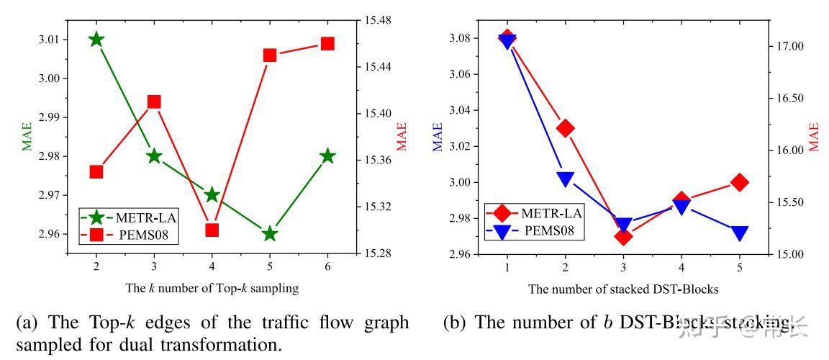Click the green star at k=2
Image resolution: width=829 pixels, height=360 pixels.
(x=96, y=39)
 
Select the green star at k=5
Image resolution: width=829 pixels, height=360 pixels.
(x=270, y=233)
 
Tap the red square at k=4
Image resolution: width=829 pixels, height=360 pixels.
(x=212, y=230)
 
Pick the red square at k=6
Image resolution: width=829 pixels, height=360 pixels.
(x=327, y=43)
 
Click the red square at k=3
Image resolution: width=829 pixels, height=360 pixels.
(x=154, y=102)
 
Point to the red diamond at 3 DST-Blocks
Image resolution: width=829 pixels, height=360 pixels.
(x=623, y=236)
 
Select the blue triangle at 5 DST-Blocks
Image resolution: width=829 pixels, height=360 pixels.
(x=740, y=233)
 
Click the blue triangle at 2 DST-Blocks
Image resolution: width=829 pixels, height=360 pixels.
(x=565, y=179)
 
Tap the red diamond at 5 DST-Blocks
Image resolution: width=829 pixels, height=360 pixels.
(x=740, y=182)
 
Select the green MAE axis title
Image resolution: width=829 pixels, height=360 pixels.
(x=27, y=135)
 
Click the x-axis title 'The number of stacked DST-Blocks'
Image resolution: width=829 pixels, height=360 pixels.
(x=623, y=289)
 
